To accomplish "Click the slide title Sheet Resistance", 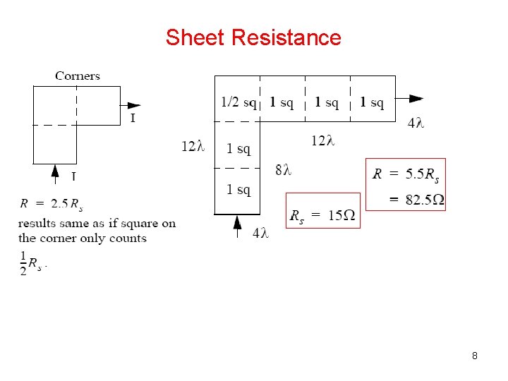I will [253, 37].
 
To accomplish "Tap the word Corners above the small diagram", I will [78, 75].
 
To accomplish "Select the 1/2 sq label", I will [238, 103].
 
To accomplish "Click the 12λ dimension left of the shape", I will [193, 147].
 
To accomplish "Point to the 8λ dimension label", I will [283, 169].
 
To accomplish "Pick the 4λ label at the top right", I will [416, 123].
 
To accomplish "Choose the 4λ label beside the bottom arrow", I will [260, 234].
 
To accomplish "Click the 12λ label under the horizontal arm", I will [322, 141].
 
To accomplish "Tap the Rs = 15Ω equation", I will [322, 214].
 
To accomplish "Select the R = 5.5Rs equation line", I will [406, 174].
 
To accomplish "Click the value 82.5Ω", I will [425, 200].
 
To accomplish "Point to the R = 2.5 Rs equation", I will [52, 205].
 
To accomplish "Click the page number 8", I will [475, 356].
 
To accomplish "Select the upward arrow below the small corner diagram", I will [55, 173].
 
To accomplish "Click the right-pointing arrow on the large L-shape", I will [416, 99].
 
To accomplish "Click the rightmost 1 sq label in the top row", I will [372, 103].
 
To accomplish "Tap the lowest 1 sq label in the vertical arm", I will [238, 190].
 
